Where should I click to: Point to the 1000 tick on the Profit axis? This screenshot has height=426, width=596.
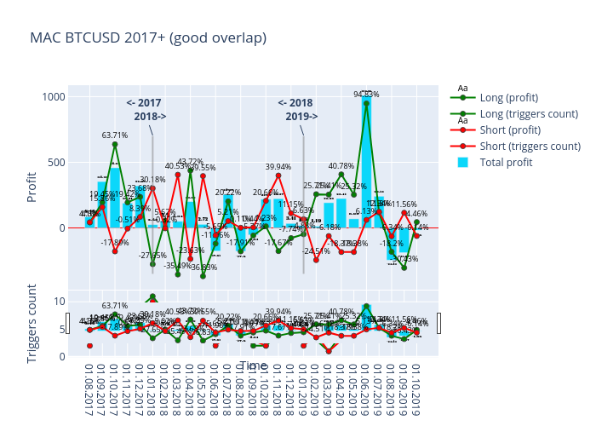(53, 96)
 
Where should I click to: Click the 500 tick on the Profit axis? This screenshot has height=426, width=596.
(56, 162)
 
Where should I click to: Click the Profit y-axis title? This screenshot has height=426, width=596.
(32, 187)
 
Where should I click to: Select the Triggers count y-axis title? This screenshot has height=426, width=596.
(32, 328)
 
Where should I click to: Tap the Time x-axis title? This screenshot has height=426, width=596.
(253, 366)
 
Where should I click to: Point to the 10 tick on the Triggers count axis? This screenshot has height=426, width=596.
(59, 301)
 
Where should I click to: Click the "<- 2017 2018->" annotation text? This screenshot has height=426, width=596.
(145, 109)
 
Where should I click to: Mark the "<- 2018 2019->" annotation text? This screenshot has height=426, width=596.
(296, 109)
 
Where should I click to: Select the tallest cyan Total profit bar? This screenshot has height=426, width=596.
(366, 162)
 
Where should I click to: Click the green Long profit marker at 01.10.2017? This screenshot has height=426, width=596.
(115, 144)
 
